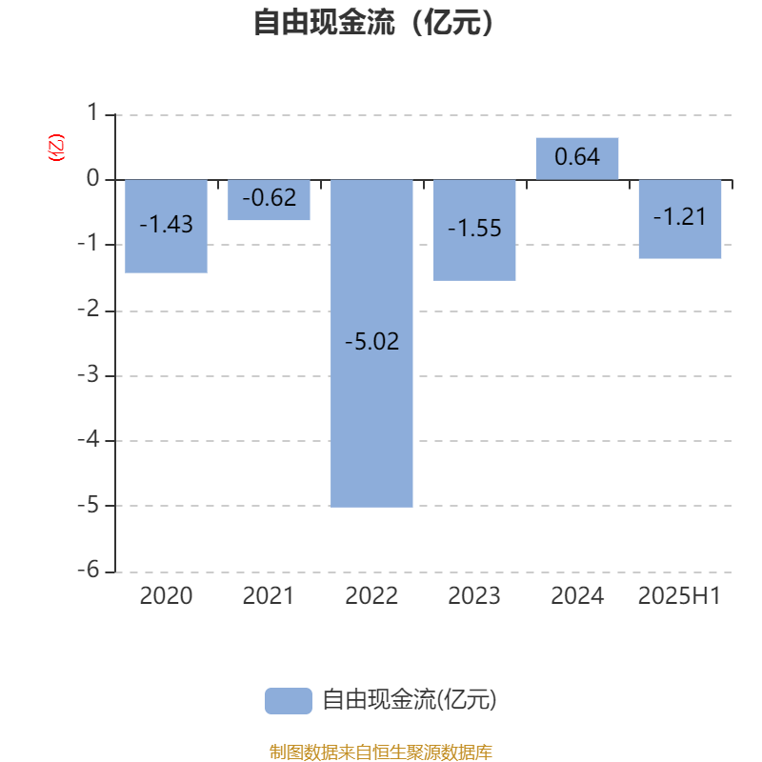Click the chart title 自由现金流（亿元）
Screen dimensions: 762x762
coord(373,22)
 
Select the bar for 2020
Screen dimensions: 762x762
coord(166,227)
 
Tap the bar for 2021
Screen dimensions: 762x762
coord(269,200)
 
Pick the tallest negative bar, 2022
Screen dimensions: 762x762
coord(371,344)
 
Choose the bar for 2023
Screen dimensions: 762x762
coord(474,231)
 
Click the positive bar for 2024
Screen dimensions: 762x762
coord(577,159)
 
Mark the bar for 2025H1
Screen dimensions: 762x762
coord(680,219)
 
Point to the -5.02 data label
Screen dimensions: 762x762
coord(371,341)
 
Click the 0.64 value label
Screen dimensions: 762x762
coord(577,156)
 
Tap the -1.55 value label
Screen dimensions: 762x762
coord(474,228)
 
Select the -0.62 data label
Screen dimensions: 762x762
coord(269,198)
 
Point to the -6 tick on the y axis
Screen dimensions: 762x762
coord(89,570)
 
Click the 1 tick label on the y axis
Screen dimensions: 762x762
coord(92,112)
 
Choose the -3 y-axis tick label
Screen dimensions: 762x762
coord(89,374)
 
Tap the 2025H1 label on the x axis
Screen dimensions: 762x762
coord(680,596)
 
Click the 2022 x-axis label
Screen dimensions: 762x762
coord(371,596)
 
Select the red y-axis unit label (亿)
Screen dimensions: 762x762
coord(56,148)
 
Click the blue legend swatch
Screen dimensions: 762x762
coord(289,701)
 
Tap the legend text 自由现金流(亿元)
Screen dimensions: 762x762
coord(410,700)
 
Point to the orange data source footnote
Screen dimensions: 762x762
coord(381,752)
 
